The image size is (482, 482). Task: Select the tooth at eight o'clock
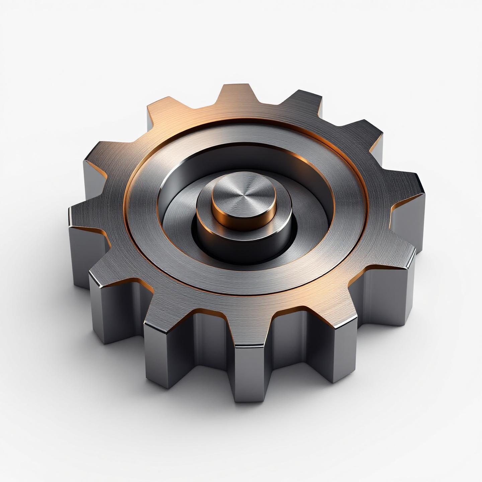[x=110, y=274]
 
